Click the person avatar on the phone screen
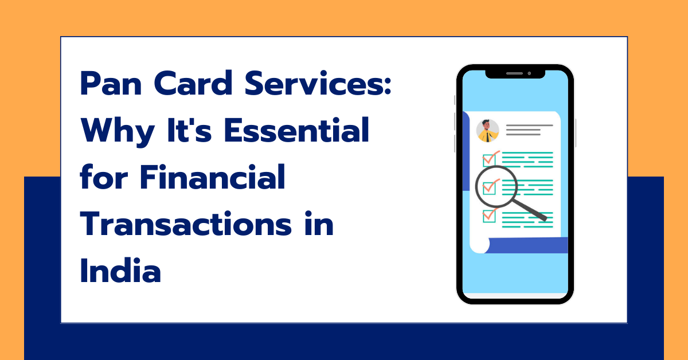[x=488, y=131]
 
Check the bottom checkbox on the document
[x=489, y=215]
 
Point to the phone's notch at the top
[x=515, y=74]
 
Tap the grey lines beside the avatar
[x=523, y=130]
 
